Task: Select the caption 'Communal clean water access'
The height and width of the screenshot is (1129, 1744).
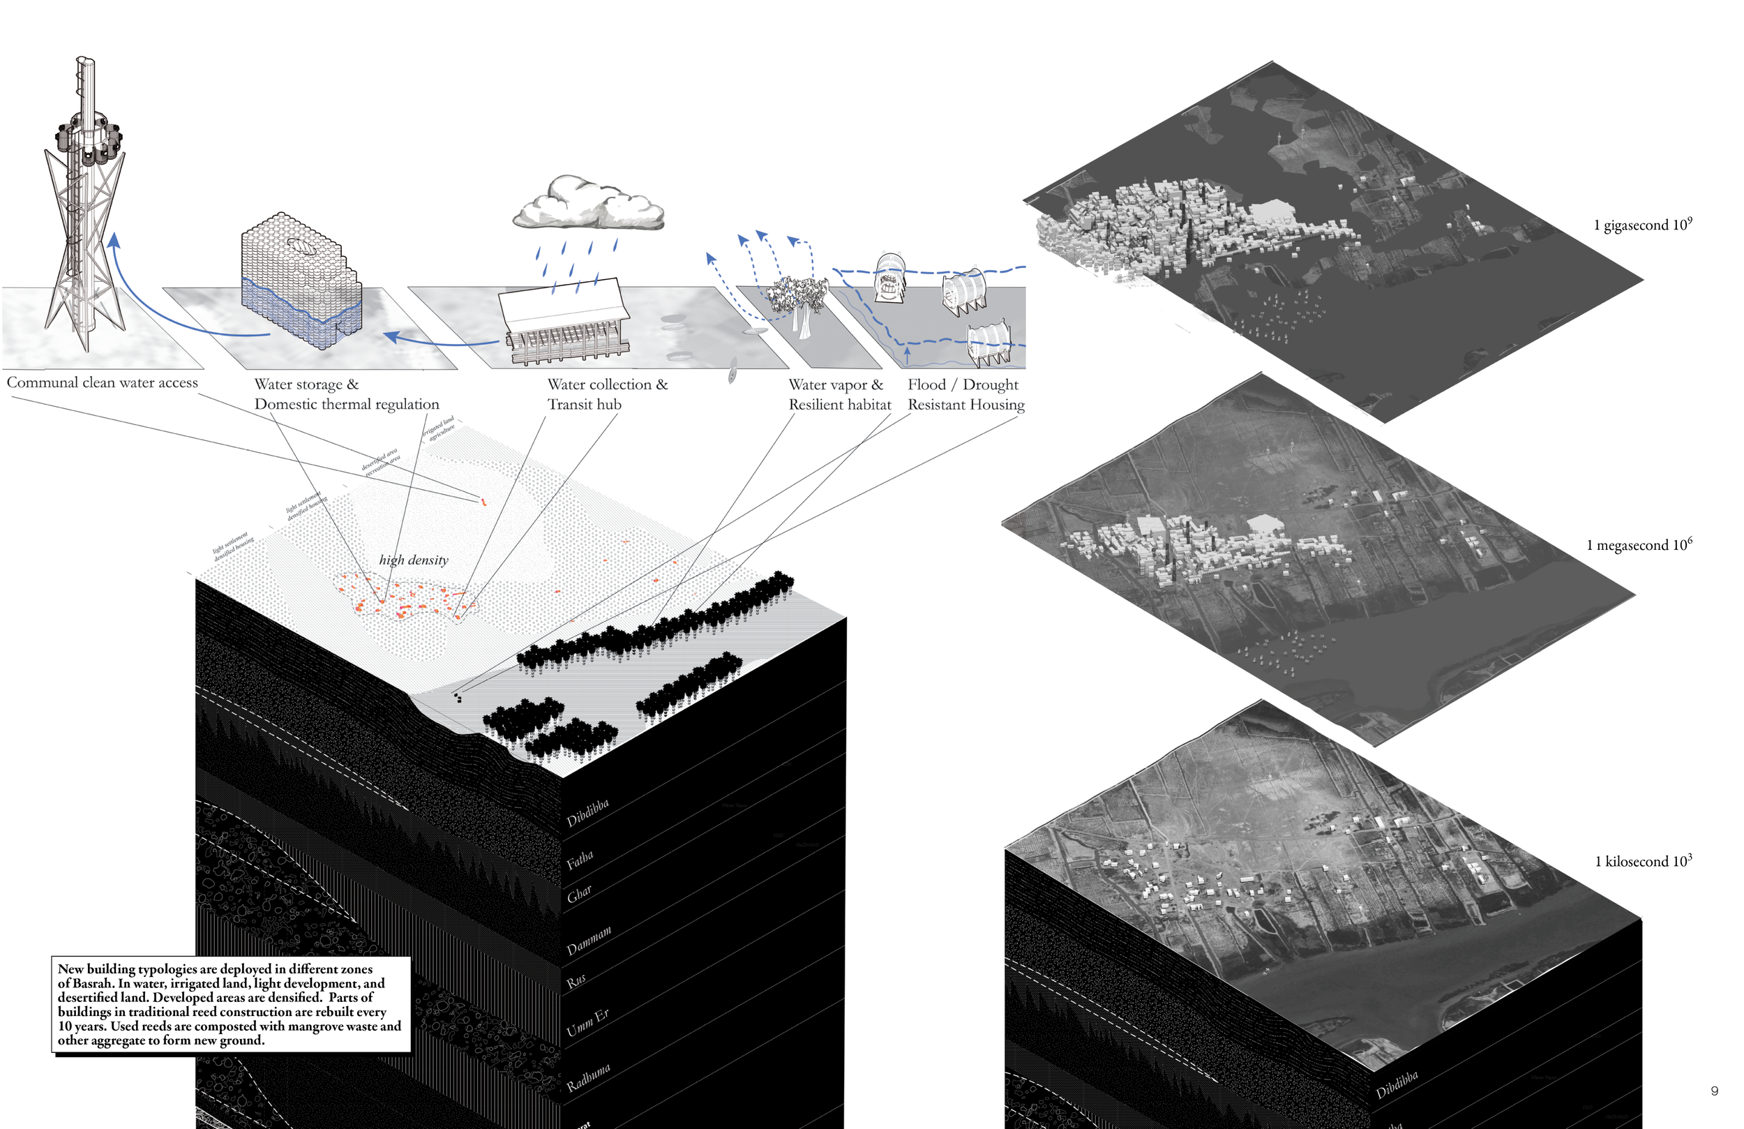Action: point(102,382)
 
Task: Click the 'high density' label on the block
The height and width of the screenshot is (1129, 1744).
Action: point(413,560)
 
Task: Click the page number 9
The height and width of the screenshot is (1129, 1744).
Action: point(1714,1091)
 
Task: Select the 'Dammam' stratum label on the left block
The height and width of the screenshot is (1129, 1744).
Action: point(588,941)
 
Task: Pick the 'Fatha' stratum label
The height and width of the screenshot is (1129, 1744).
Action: point(580,858)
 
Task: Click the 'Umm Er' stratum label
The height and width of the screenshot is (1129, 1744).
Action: point(587,1023)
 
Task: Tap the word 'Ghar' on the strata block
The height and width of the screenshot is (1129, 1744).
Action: point(579,894)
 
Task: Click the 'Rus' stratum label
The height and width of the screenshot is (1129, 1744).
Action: point(576,981)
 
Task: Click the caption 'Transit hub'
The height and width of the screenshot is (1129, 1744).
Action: point(584,405)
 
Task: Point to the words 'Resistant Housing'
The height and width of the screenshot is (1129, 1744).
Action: point(965,405)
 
